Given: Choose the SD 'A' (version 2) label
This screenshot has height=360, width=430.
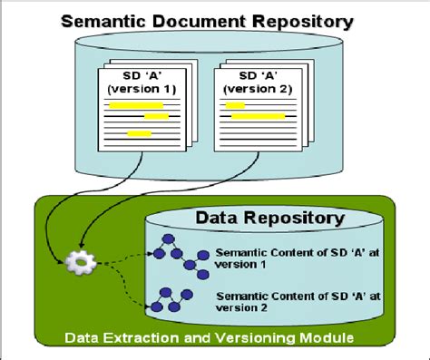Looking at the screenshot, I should click(254, 83).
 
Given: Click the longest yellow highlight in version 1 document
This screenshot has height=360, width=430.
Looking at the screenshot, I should click(137, 104).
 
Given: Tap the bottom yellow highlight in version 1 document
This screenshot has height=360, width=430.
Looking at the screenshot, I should click(139, 133).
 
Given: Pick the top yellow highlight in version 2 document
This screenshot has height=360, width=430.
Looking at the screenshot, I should click(236, 105).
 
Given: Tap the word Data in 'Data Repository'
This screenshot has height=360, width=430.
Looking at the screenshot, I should click(215, 218).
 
